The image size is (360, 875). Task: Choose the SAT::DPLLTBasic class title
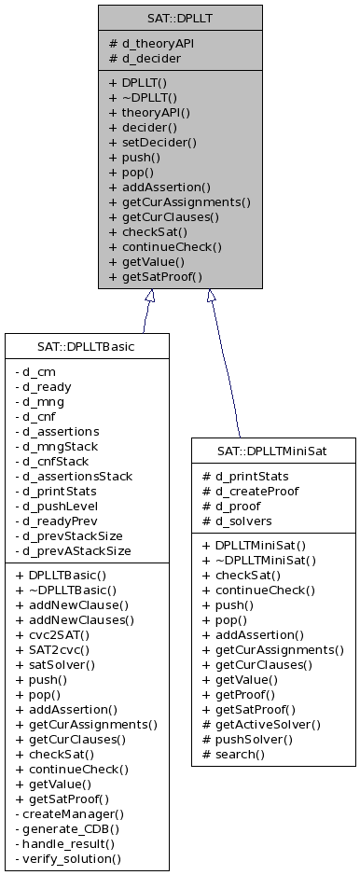(x=87, y=347)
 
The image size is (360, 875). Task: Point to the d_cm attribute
(x=39, y=371)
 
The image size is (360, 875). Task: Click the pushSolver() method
(x=253, y=739)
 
